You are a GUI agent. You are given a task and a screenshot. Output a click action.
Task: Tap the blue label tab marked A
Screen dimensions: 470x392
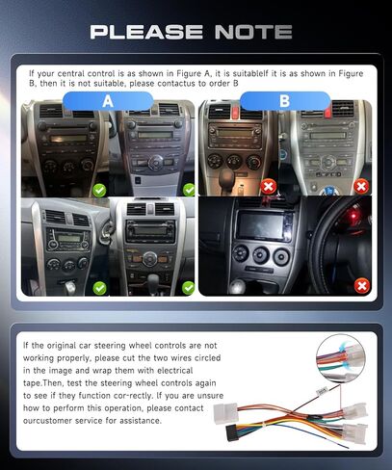click(108, 100)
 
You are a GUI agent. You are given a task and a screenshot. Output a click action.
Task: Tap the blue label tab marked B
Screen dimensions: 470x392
click(284, 100)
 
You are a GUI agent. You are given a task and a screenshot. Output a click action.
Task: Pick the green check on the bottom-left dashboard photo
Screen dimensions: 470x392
click(99, 287)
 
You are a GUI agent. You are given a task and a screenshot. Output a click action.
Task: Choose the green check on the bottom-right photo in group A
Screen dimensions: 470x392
click(188, 287)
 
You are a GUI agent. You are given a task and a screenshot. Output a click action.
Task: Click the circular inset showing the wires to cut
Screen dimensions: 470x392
click(344, 355)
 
